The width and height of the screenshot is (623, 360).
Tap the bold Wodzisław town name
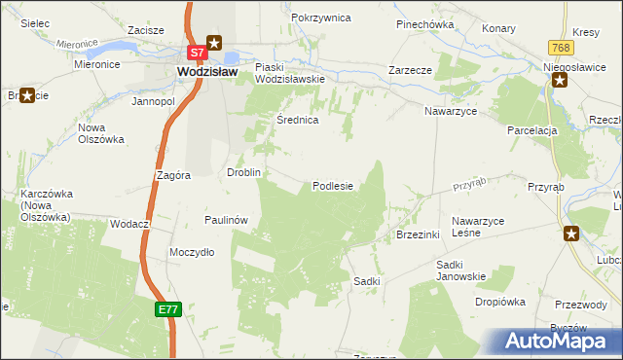(207, 71)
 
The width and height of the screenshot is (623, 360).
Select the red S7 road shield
(196, 52)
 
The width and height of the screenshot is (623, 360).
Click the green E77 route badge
(167, 308)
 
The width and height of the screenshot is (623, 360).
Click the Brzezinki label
(420, 235)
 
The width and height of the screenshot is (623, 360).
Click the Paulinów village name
(228, 220)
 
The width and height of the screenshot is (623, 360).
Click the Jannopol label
(153, 100)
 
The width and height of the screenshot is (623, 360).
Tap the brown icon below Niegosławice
(560, 81)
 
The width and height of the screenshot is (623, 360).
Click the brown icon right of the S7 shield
(215, 43)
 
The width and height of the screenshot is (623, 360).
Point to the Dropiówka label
(500, 302)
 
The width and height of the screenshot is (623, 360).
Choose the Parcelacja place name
(531, 130)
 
